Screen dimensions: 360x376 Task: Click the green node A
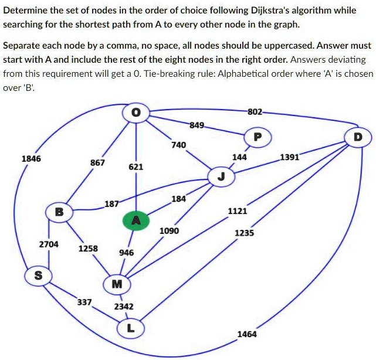(x=136, y=220)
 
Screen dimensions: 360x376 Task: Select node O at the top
(x=136, y=114)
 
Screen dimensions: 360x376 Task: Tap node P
(x=259, y=137)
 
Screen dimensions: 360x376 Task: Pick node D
(x=358, y=137)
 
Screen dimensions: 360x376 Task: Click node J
(x=221, y=177)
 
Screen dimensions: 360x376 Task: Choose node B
(x=59, y=212)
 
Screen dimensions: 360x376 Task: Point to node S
(x=36, y=276)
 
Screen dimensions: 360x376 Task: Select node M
(x=117, y=285)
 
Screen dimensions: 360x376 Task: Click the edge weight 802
(x=255, y=111)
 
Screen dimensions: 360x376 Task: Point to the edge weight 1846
(x=31, y=158)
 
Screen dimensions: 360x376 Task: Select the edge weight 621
(x=136, y=167)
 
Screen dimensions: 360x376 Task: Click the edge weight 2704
(x=49, y=244)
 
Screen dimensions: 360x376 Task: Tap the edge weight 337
(x=84, y=302)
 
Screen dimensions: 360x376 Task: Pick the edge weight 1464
(x=246, y=334)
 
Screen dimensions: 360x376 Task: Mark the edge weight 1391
(x=289, y=157)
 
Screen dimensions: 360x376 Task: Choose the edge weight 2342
(x=124, y=306)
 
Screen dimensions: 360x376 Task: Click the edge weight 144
(x=239, y=157)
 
